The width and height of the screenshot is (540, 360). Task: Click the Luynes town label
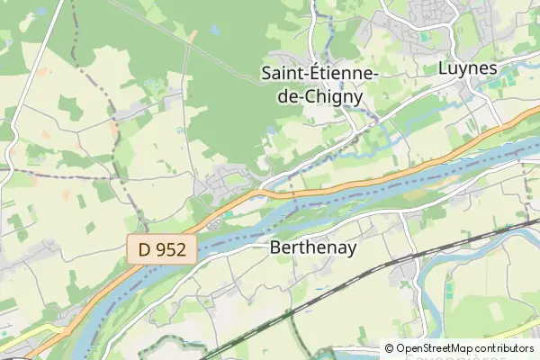click(467, 67)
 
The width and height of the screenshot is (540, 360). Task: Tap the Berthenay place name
click(312, 250)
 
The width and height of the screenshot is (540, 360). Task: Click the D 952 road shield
click(162, 249)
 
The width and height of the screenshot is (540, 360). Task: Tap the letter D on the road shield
click(146, 249)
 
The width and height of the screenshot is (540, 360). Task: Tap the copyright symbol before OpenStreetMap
click(389, 348)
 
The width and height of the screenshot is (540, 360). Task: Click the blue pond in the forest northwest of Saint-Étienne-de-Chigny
click(214, 30)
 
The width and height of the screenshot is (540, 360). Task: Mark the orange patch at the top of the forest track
click(193, 37)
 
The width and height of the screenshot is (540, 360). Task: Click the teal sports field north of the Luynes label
click(424, 37)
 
